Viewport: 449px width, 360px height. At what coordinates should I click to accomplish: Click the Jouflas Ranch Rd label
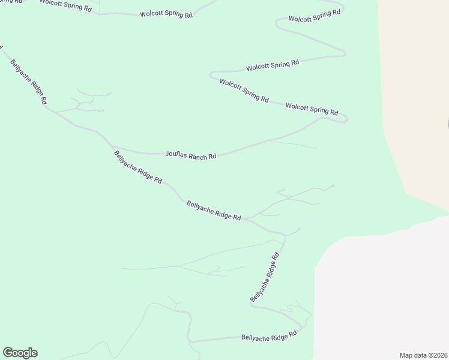pos(190,156)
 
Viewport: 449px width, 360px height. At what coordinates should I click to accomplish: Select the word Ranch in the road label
pos(197,157)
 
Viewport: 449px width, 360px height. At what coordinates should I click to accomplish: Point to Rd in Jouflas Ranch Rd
pos(212,157)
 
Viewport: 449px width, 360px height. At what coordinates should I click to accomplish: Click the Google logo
pos(20,353)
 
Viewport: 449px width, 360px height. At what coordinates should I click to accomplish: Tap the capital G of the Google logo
pos(7,353)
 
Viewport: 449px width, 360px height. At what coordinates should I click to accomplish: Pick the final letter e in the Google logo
pos(34,353)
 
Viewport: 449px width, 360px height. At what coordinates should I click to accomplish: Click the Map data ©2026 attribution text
pos(423,355)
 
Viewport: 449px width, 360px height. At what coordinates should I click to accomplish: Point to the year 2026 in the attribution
pos(438,355)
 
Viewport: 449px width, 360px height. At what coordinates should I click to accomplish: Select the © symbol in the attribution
pos(427,355)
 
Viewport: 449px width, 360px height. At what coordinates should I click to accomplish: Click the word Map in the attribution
pos(406,355)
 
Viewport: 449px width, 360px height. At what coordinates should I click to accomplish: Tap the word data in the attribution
pos(419,355)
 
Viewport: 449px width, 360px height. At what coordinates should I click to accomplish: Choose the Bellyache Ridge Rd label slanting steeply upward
pos(265,277)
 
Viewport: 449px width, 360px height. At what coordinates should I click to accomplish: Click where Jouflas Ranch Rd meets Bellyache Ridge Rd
pos(112,147)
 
